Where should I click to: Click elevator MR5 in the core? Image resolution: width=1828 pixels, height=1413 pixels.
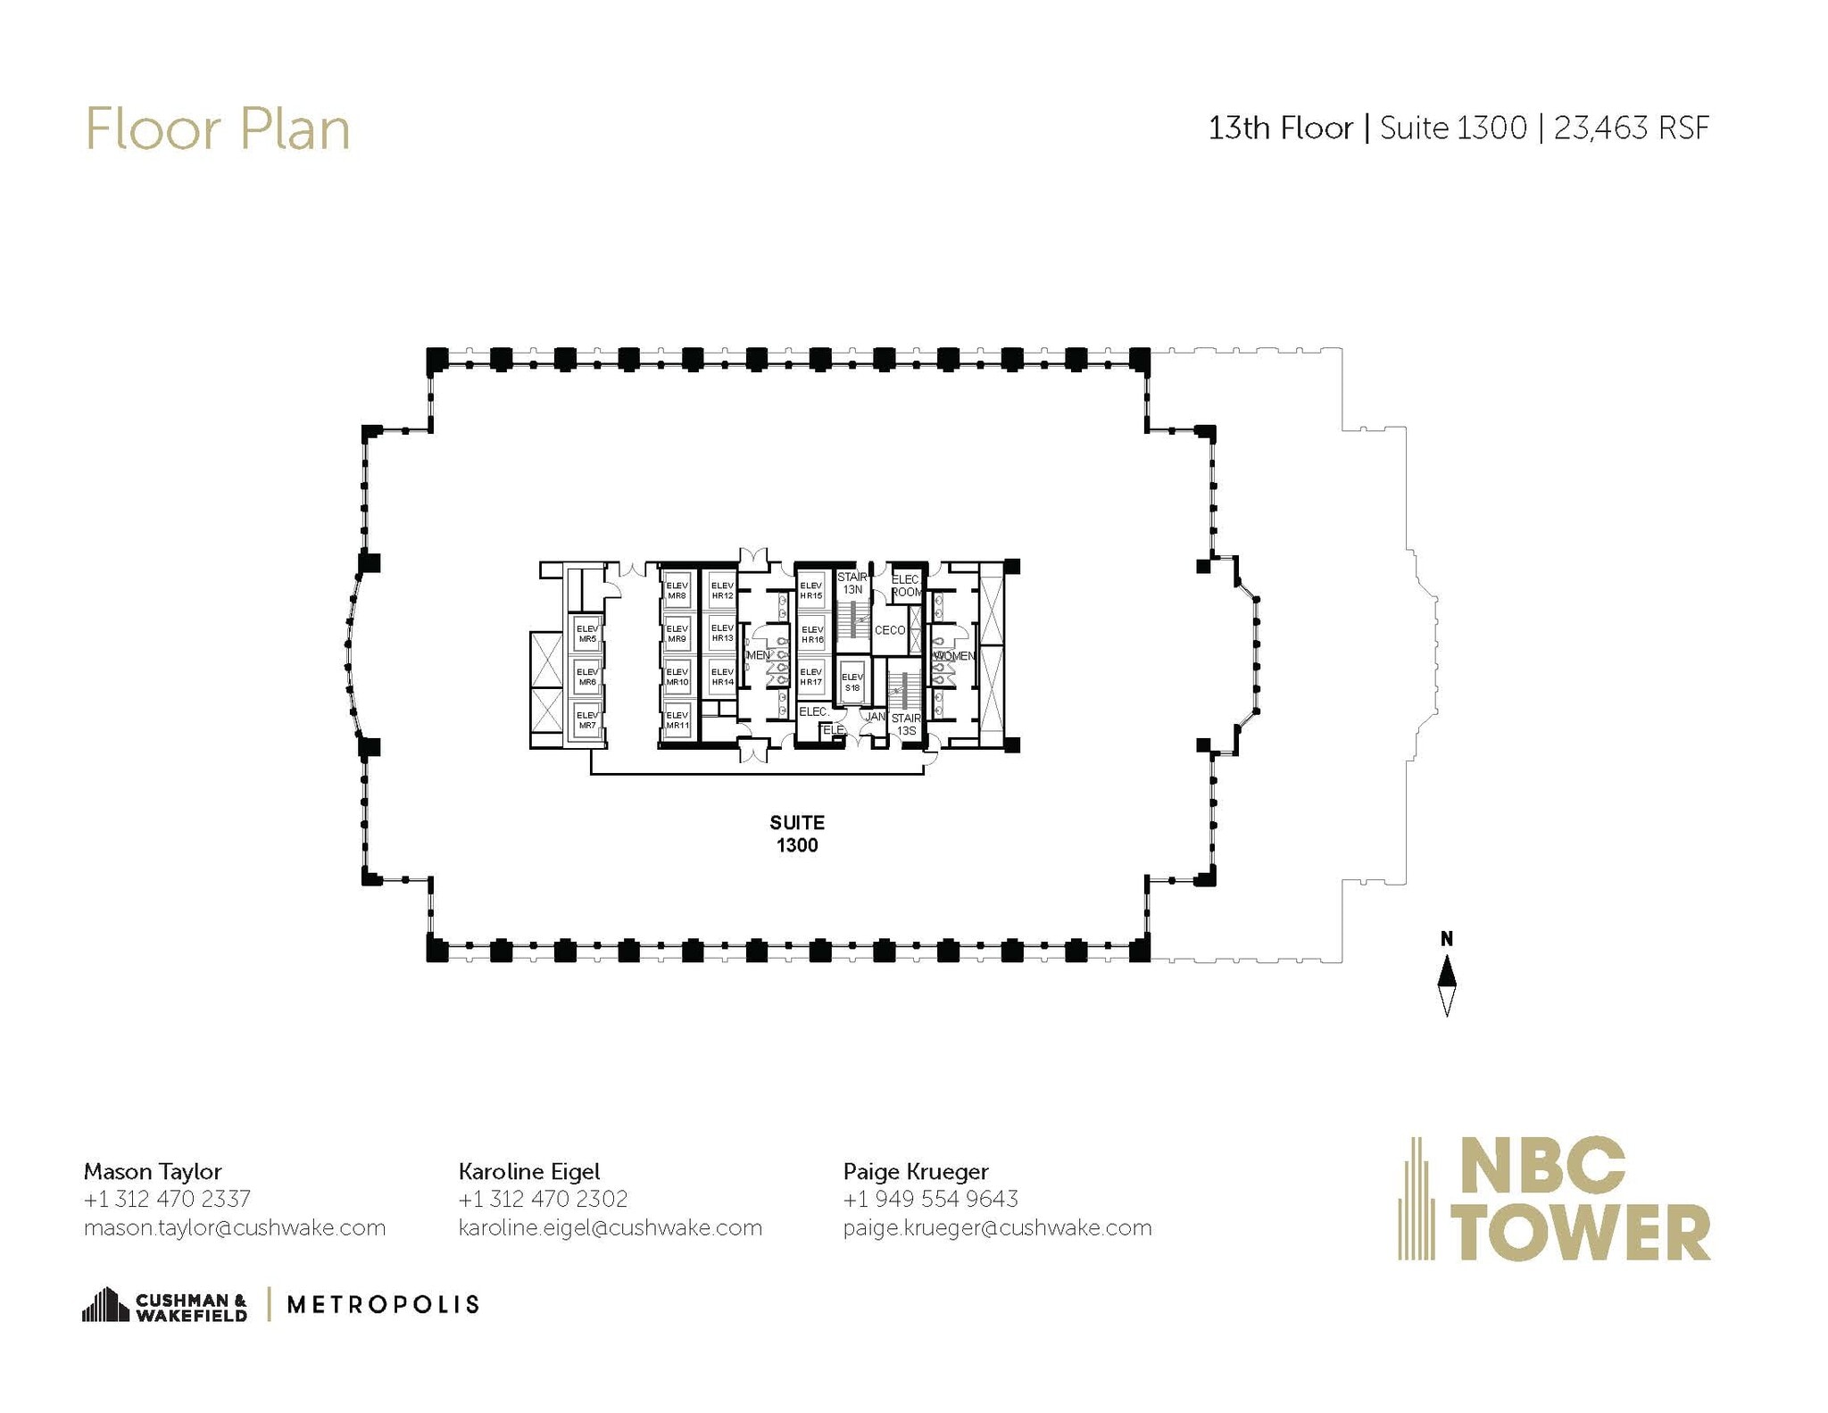[x=586, y=634]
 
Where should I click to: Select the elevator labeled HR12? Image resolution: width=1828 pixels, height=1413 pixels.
[x=721, y=591]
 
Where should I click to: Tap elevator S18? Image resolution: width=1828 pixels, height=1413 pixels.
[x=852, y=682]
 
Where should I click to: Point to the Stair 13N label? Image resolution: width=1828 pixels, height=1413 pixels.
[x=852, y=583]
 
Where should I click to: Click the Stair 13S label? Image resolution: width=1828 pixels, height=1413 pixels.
[x=905, y=724]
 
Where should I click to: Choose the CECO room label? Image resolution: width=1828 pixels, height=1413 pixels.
[x=889, y=630]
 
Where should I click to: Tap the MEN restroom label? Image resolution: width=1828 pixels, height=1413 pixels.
[x=757, y=655]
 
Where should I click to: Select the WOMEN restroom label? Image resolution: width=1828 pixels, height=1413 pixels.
[x=953, y=656]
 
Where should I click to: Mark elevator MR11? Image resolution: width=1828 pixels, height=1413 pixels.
[x=677, y=720]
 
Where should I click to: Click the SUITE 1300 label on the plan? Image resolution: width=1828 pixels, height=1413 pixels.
[x=796, y=834]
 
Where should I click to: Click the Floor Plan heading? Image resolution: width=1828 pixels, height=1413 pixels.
[x=217, y=129]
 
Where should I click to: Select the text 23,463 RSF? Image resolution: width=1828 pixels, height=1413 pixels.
[x=1631, y=129]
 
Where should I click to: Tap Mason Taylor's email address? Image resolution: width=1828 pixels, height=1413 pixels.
[x=234, y=1227]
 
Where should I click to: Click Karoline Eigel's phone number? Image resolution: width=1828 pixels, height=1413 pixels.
[x=543, y=1199]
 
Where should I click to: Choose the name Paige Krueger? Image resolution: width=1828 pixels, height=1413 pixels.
[x=915, y=1171]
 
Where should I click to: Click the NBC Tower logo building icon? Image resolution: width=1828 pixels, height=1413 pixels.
[x=1416, y=1199]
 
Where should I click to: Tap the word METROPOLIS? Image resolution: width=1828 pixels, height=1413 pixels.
[x=383, y=1304]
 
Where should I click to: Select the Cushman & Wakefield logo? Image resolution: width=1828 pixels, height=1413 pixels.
[x=165, y=1305]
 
